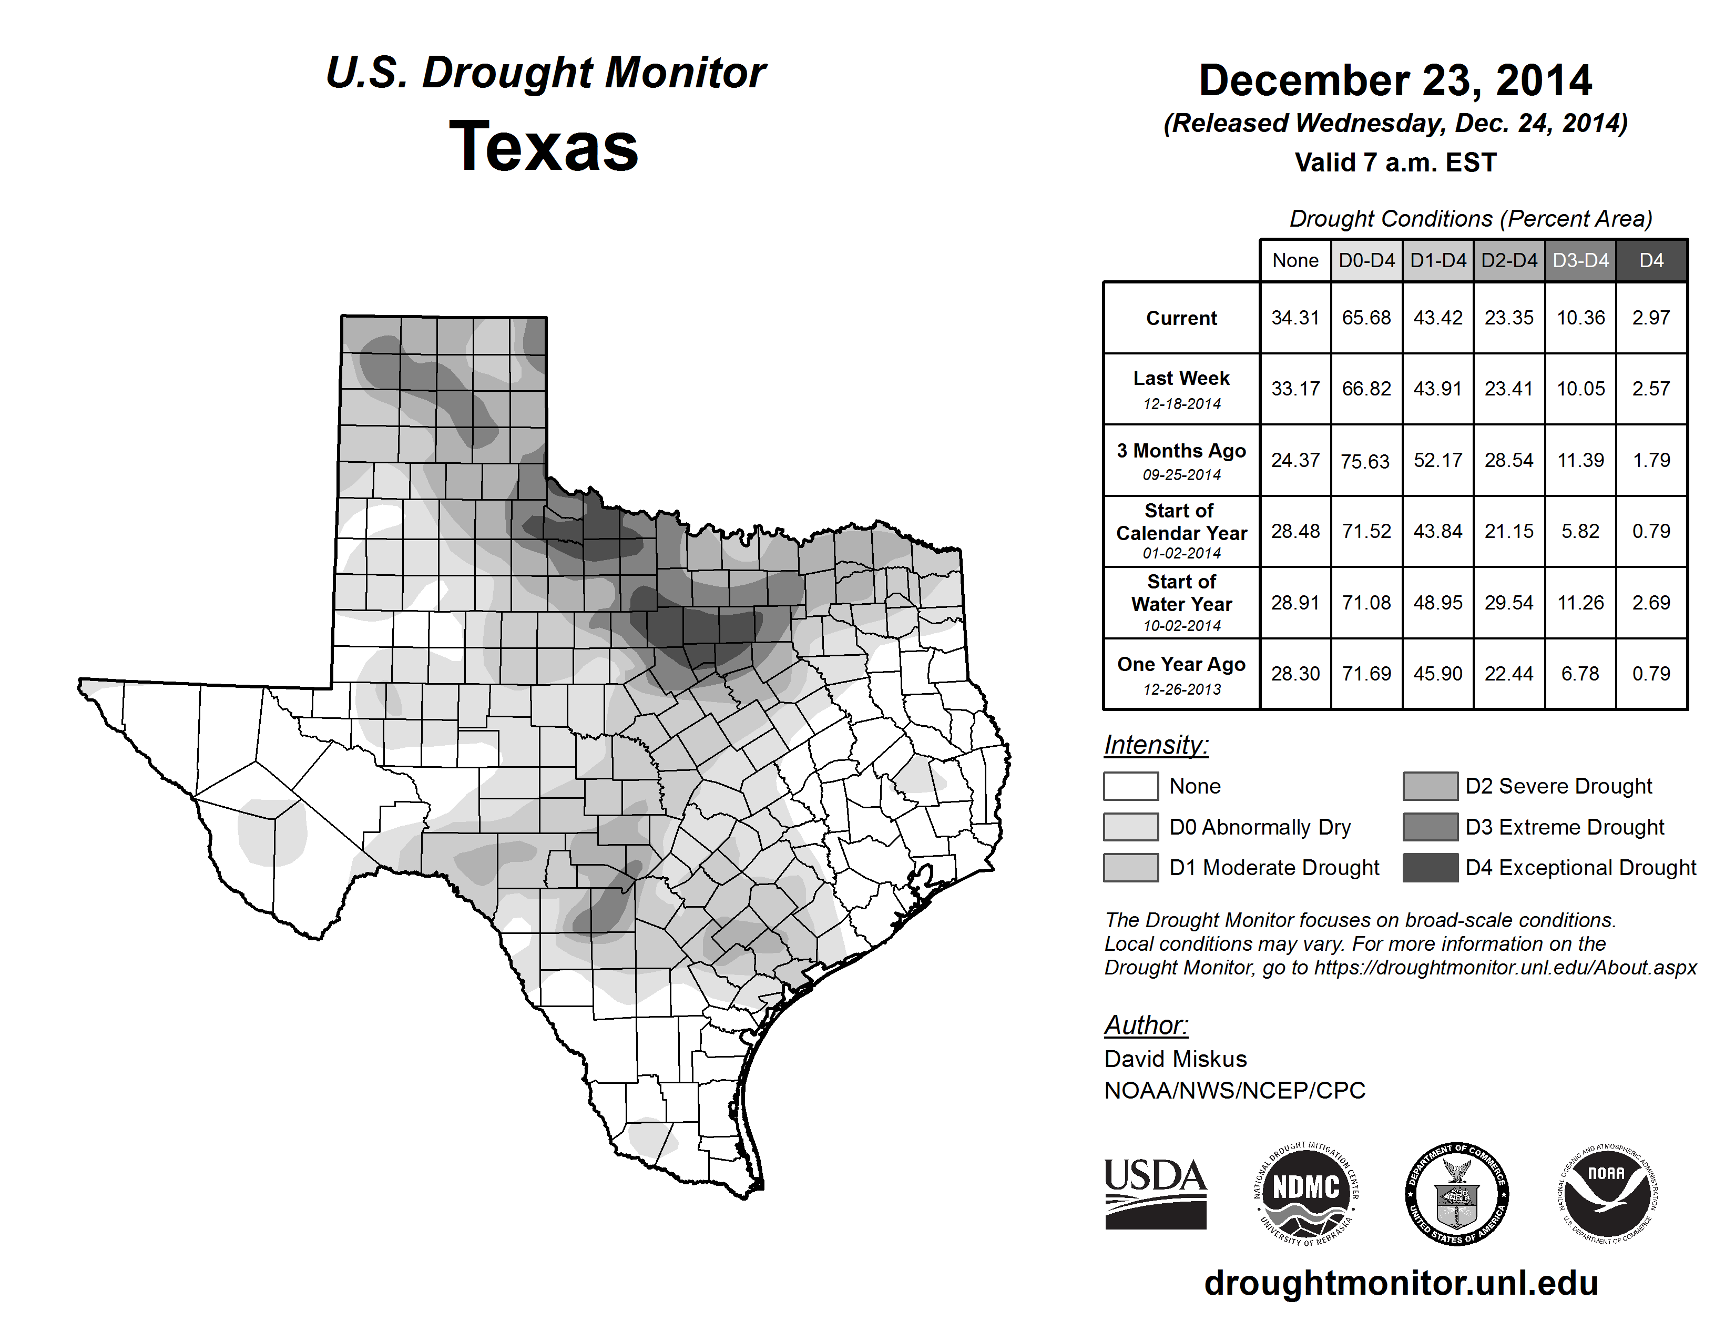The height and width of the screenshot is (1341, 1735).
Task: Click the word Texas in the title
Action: [x=544, y=146]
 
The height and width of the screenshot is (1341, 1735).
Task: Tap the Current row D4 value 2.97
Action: [x=1651, y=318]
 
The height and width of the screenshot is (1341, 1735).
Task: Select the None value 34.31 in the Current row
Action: [x=1295, y=318]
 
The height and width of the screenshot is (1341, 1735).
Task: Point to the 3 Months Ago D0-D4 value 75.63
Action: [x=1365, y=461]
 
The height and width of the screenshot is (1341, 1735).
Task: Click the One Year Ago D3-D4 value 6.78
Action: [x=1580, y=674]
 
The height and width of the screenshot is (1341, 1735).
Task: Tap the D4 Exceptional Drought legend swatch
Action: [x=1430, y=868]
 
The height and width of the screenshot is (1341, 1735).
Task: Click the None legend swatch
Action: [x=1130, y=786]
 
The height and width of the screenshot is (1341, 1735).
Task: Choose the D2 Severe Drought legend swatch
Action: [x=1430, y=786]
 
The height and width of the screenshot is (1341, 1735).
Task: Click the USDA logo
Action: [x=1155, y=1193]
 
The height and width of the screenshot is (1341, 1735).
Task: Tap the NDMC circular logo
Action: [x=1306, y=1193]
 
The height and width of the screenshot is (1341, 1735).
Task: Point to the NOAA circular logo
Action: [x=1606, y=1193]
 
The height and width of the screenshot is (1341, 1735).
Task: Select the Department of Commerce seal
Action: [x=1456, y=1193]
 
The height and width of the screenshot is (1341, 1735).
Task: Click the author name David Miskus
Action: [x=1175, y=1059]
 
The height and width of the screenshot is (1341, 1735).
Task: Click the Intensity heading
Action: [x=1156, y=745]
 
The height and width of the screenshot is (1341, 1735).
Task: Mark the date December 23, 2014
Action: [x=1395, y=80]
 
